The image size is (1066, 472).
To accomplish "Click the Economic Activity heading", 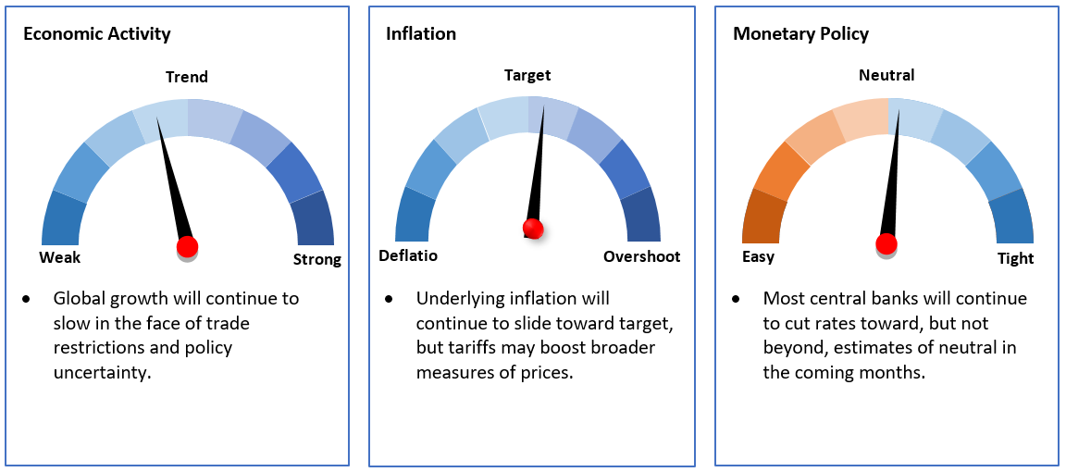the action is click(96, 34).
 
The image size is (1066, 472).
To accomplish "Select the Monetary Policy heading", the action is click(800, 34).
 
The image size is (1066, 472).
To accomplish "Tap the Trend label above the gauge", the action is click(187, 77).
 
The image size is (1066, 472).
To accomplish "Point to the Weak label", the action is click(60, 258).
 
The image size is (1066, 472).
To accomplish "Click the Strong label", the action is click(316, 260).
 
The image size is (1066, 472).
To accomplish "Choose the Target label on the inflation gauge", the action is click(527, 75).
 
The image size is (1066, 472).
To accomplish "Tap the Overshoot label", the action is click(642, 256).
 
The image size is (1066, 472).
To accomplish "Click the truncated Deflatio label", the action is click(408, 256).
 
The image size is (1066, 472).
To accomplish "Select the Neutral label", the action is click(887, 75).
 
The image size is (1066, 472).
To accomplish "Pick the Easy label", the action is click(758, 257).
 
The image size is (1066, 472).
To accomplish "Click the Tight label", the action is click(1016, 258).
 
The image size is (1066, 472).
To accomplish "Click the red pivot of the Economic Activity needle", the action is click(187, 246).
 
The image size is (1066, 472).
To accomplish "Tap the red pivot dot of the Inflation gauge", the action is click(533, 230).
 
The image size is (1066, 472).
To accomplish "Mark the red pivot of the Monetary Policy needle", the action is click(886, 242).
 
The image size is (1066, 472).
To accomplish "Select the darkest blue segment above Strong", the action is click(313, 217).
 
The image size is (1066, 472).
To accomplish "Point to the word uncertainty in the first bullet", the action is click(100, 373).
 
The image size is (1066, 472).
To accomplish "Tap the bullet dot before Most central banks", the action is click(737, 300).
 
